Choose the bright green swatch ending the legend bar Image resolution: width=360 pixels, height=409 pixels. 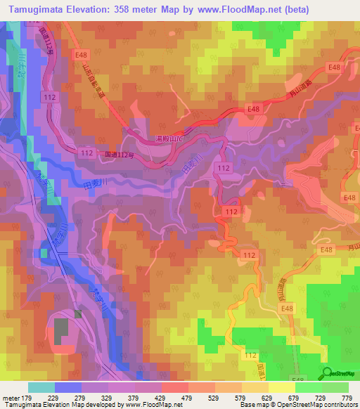(x=335, y=387)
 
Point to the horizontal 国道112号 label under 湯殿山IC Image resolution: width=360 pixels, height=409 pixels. (x=117, y=155)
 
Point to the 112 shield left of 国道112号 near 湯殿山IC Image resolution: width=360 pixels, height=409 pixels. (x=88, y=152)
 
